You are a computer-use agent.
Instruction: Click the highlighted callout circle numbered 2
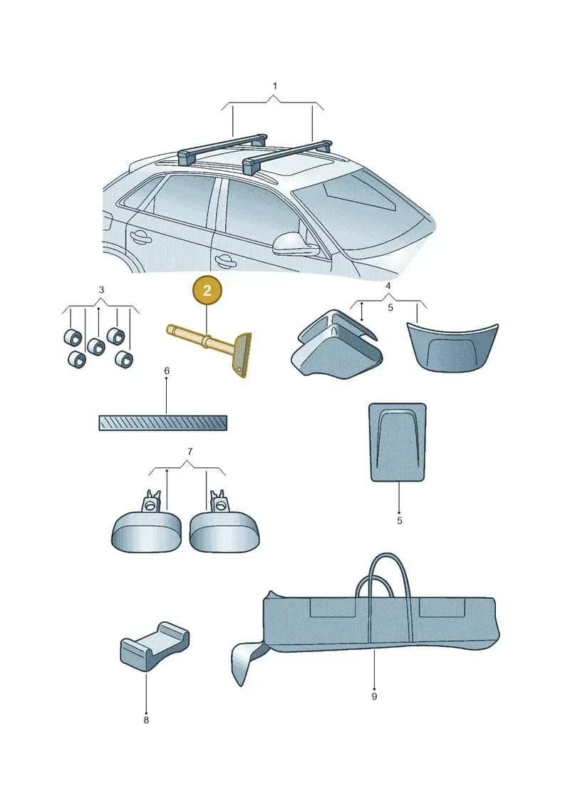[x=207, y=291]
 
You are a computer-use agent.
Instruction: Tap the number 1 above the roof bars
[x=274, y=86]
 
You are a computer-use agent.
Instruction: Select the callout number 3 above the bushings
[x=101, y=290]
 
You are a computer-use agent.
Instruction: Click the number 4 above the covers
[x=388, y=286]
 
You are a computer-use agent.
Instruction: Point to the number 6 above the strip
[x=167, y=371]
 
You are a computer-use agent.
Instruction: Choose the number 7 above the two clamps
[x=190, y=451]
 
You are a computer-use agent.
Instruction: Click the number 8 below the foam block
[x=146, y=720]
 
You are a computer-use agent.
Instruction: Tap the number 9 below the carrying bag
[x=374, y=696]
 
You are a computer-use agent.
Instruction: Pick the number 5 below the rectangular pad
[x=400, y=521]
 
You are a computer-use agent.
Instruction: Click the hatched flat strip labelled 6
[x=163, y=423]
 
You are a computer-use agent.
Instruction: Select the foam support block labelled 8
[x=154, y=645]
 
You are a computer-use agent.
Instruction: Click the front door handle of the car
[x=224, y=260]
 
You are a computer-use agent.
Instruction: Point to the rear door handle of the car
[x=140, y=237]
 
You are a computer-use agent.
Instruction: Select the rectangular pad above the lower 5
[x=398, y=442]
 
